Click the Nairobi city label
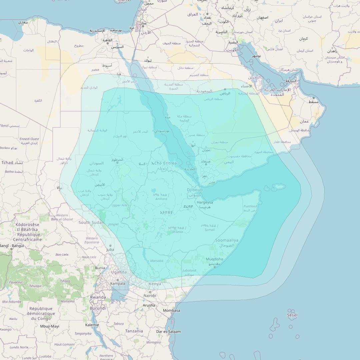coord(150,296)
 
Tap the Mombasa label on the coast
coord(171,311)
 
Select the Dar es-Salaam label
coord(169,332)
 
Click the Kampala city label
coord(118,284)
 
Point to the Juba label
coord(110,250)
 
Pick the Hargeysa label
coord(205,202)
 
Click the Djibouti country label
coord(195,190)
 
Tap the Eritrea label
coord(168,163)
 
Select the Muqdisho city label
coord(214,259)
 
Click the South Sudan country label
coord(91,223)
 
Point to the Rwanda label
coord(98,297)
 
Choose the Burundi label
coord(98,308)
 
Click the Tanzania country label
coord(134,331)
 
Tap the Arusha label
coord(149,305)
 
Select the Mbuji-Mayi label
coord(50,326)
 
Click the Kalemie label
coord(92,325)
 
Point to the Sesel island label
coord(292,315)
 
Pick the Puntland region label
coord(250,206)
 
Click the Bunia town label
coord(100,268)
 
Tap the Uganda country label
coord(119,272)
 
